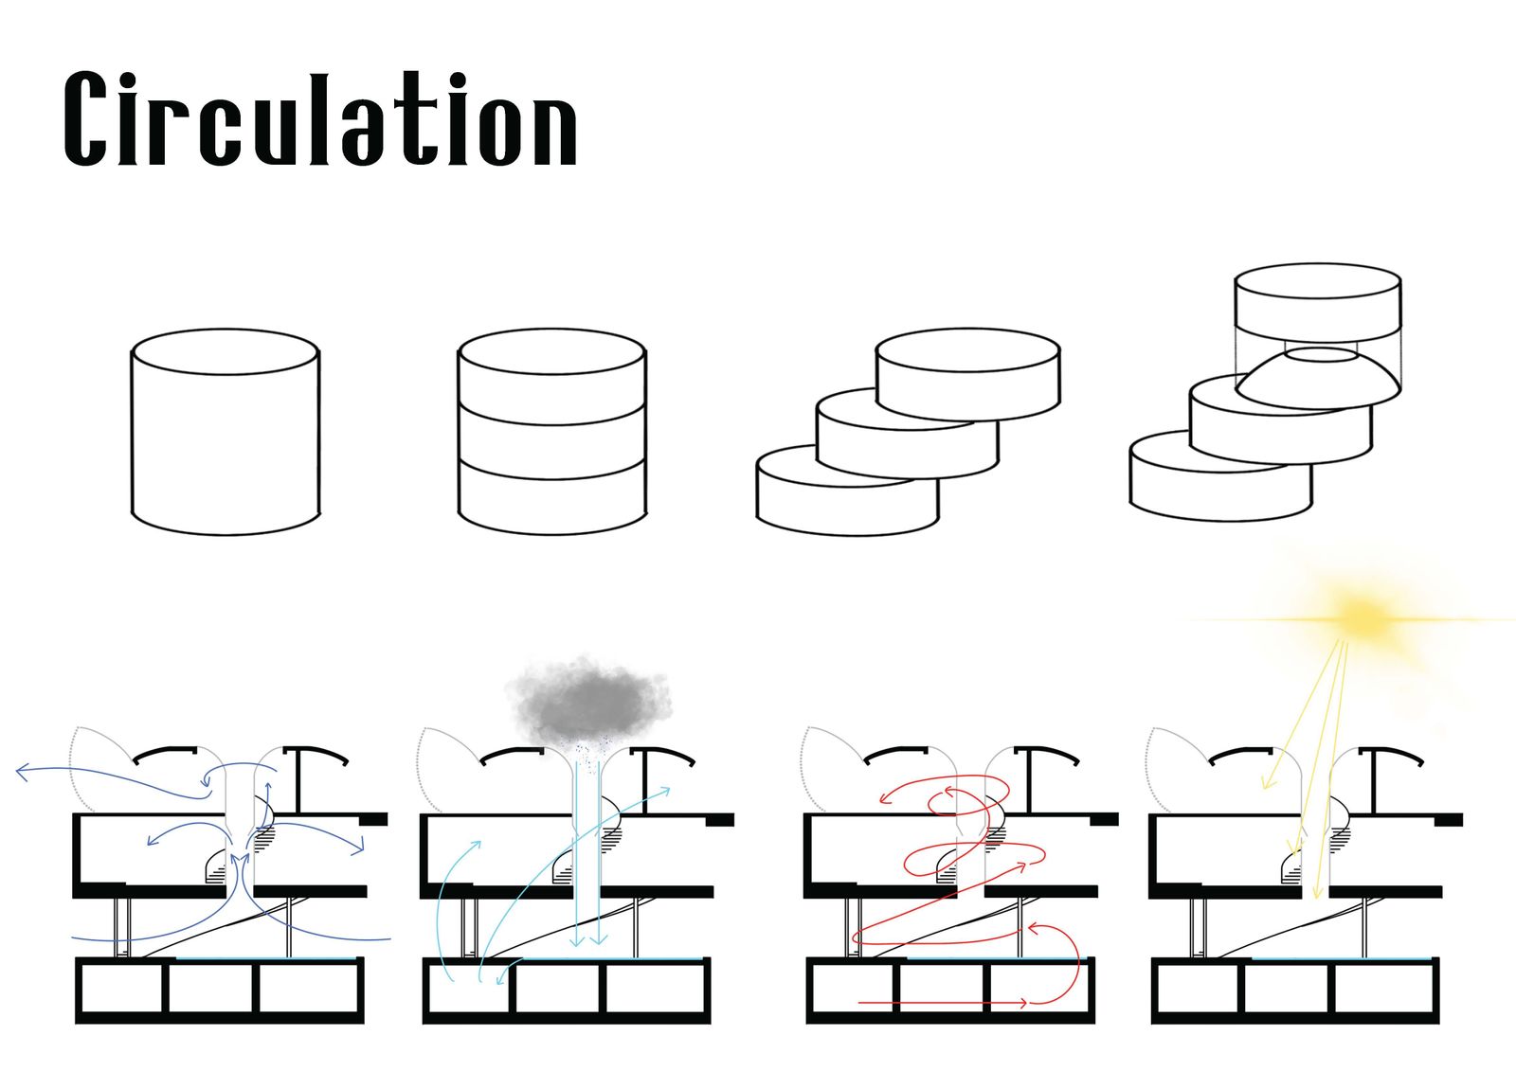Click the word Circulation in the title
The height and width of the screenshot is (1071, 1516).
pos(320,120)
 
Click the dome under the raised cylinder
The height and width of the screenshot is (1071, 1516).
pos(1319,380)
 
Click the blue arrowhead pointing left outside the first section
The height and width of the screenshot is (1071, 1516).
pos(23,772)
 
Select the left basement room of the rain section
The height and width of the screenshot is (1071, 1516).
pos(468,991)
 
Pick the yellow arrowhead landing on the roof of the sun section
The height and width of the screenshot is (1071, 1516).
pos(1266,782)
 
